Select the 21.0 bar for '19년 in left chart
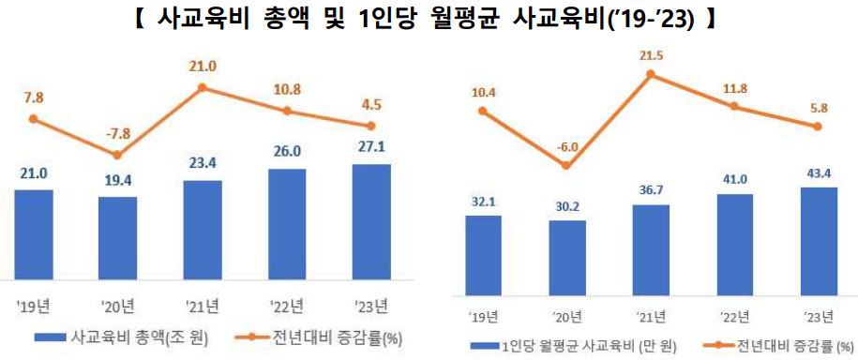(34, 233)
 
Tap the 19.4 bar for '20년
(117, 237)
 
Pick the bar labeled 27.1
(370, 221)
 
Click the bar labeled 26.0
(286, 224)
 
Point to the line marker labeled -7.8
(117, 155)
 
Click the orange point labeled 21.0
(202, 88)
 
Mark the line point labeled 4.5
(370, 126)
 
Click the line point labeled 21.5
(651, 75)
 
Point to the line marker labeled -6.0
(566, 166)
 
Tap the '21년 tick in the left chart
(202, 305)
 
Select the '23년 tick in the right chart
(820, 315)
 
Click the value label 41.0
(735, 179)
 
